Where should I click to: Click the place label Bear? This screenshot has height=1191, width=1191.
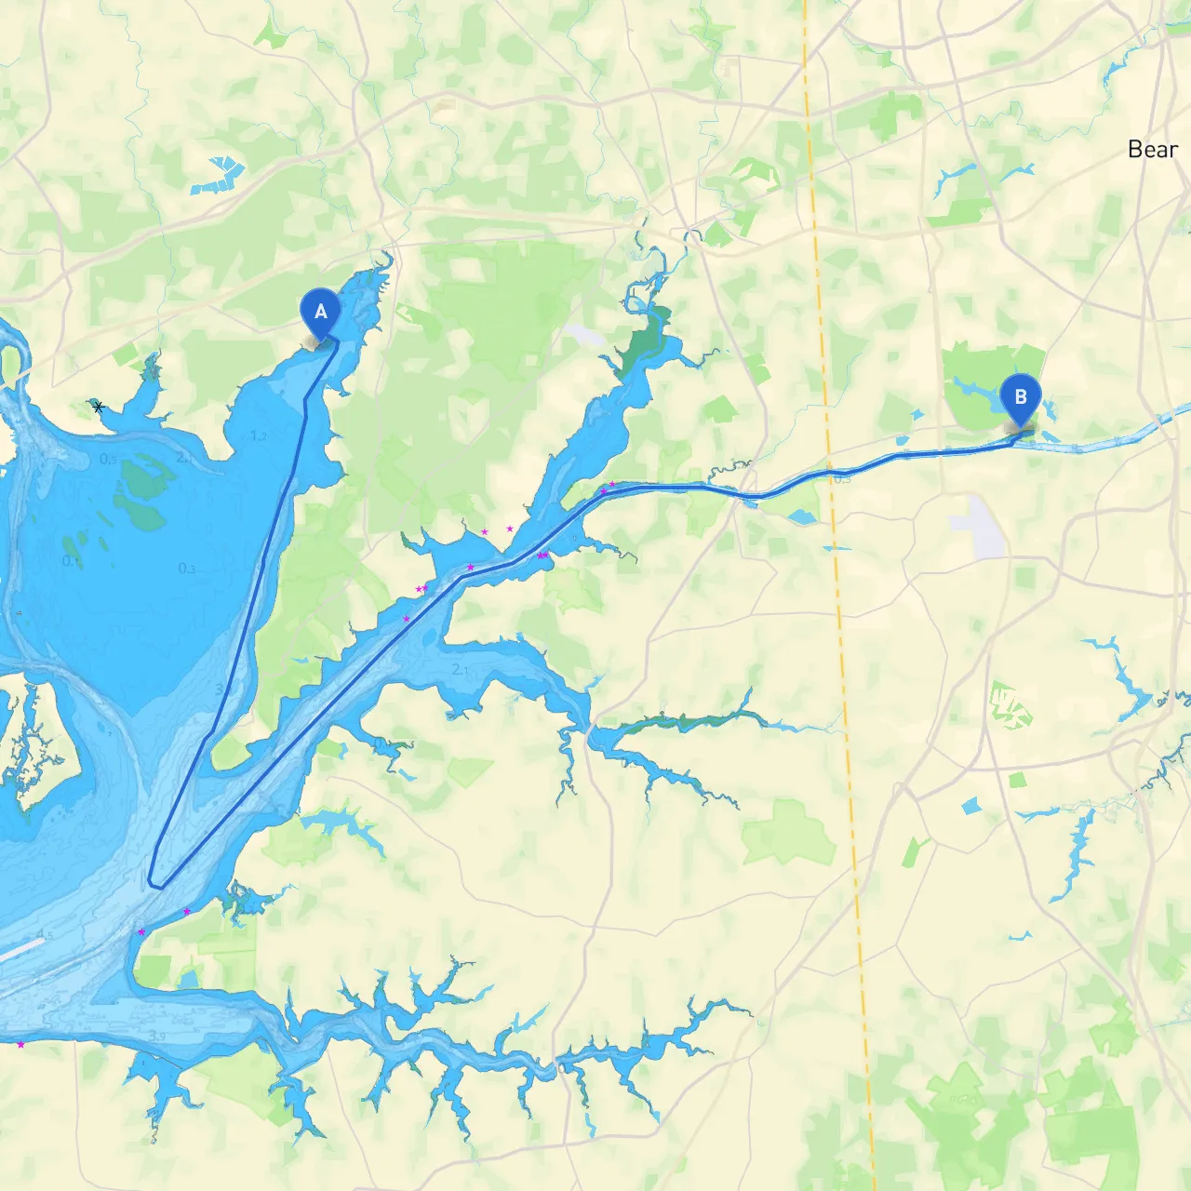[1152, 150]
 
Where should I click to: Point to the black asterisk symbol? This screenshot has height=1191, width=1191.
[99, 407]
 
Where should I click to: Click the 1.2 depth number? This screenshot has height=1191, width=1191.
[259, 435]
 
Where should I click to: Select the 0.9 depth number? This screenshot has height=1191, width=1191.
[109, 459]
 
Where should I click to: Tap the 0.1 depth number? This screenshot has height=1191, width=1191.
[71, 561]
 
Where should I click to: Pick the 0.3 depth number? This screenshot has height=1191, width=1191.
[187, 569]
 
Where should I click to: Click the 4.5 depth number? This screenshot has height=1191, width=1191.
[45, 933]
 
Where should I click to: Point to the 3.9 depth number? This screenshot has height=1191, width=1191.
[156, 1036]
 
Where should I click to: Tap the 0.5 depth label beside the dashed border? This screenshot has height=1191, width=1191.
[842, 479]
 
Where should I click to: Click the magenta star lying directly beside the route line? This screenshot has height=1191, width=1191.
[470, 568]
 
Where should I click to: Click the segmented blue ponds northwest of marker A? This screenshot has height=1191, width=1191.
[219, 176]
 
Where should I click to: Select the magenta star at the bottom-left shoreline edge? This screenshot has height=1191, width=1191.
[20, 1045]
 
